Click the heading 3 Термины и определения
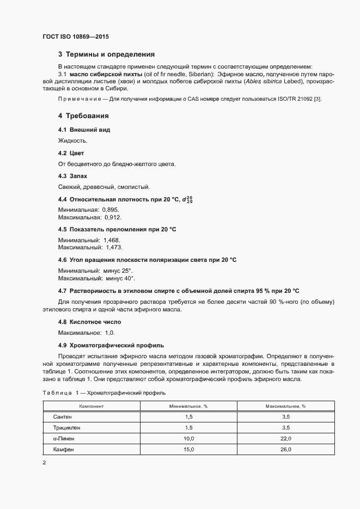pyautogui.click(x=106, y=54)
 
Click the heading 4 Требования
pyautogui.click(x=83, y=116)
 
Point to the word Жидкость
pyautogui.click(x=72, y=140)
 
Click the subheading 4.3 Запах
pyautogui.click(x=72, y=176)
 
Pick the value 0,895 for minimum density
pyautogui.click(x=110, y=210)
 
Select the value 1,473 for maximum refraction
pyautogui.click(x=114, y=247)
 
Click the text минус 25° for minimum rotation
pyautogui.click(x=118, y=271)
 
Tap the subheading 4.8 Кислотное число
pyautogui.click(x=89, y=322)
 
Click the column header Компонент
pyautogui.click(x=91, y=406)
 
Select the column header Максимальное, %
pyautogui.click(x=285, y=406)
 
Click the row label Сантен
pyautogui.click(x=62, y=416)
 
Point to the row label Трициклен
pyautogui.click(x=66, y=427)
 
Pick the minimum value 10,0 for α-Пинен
pyautogui.click(x=189, y=438)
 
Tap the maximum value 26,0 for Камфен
pyautogui.click(x=285, y=449)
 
